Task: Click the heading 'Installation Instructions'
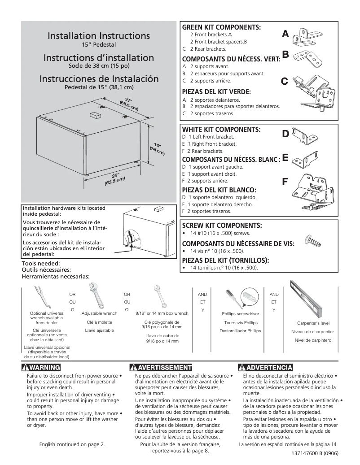(x=99, y=36)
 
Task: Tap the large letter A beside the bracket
(x=285, y=35)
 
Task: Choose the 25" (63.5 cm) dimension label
(x=114, y=179)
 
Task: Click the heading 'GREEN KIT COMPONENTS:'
(x=221, y=28)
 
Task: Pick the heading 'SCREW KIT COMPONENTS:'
(x=221, y=225)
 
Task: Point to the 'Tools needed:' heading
(x=41, y=263)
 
